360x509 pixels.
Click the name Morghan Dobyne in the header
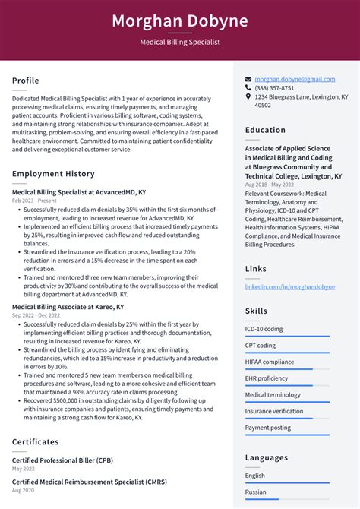pyautogui.click(x=180, y=21)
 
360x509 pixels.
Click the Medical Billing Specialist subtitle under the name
pyautogui.click(x=180, y=43)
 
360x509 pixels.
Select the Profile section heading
pyautogui.click(x=26, y=81)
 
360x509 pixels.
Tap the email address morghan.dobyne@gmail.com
pyautogui.click(x=295, y=79)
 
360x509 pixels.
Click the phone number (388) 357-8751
pyautogui.click(x=274, y=88)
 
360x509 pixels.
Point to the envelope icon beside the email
pyautogui.click(x=248, y=79)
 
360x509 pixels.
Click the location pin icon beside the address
pyautogui.click(x=248, y=97)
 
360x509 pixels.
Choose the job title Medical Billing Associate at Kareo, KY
pyautogui.click(x=68, y=306)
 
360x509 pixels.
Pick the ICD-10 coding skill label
pyautogui.click(x=264, y=329)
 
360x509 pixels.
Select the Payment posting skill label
pyautogui.click(x=268, y=428)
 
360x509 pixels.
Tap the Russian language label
pyautogui.click(x=257, y=492)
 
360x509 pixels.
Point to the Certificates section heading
pyautogui.click(x=35, y=442)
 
